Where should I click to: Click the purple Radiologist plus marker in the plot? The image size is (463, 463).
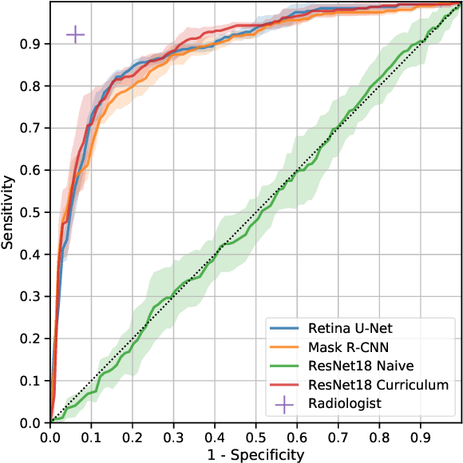75,34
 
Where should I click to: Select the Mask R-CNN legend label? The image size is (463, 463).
341,347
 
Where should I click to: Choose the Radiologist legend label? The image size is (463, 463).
338,405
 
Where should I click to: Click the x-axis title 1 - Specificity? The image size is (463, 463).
256,455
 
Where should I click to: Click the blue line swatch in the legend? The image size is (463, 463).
283,328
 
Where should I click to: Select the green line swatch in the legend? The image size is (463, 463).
283,366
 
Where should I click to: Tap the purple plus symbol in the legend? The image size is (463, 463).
283,405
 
